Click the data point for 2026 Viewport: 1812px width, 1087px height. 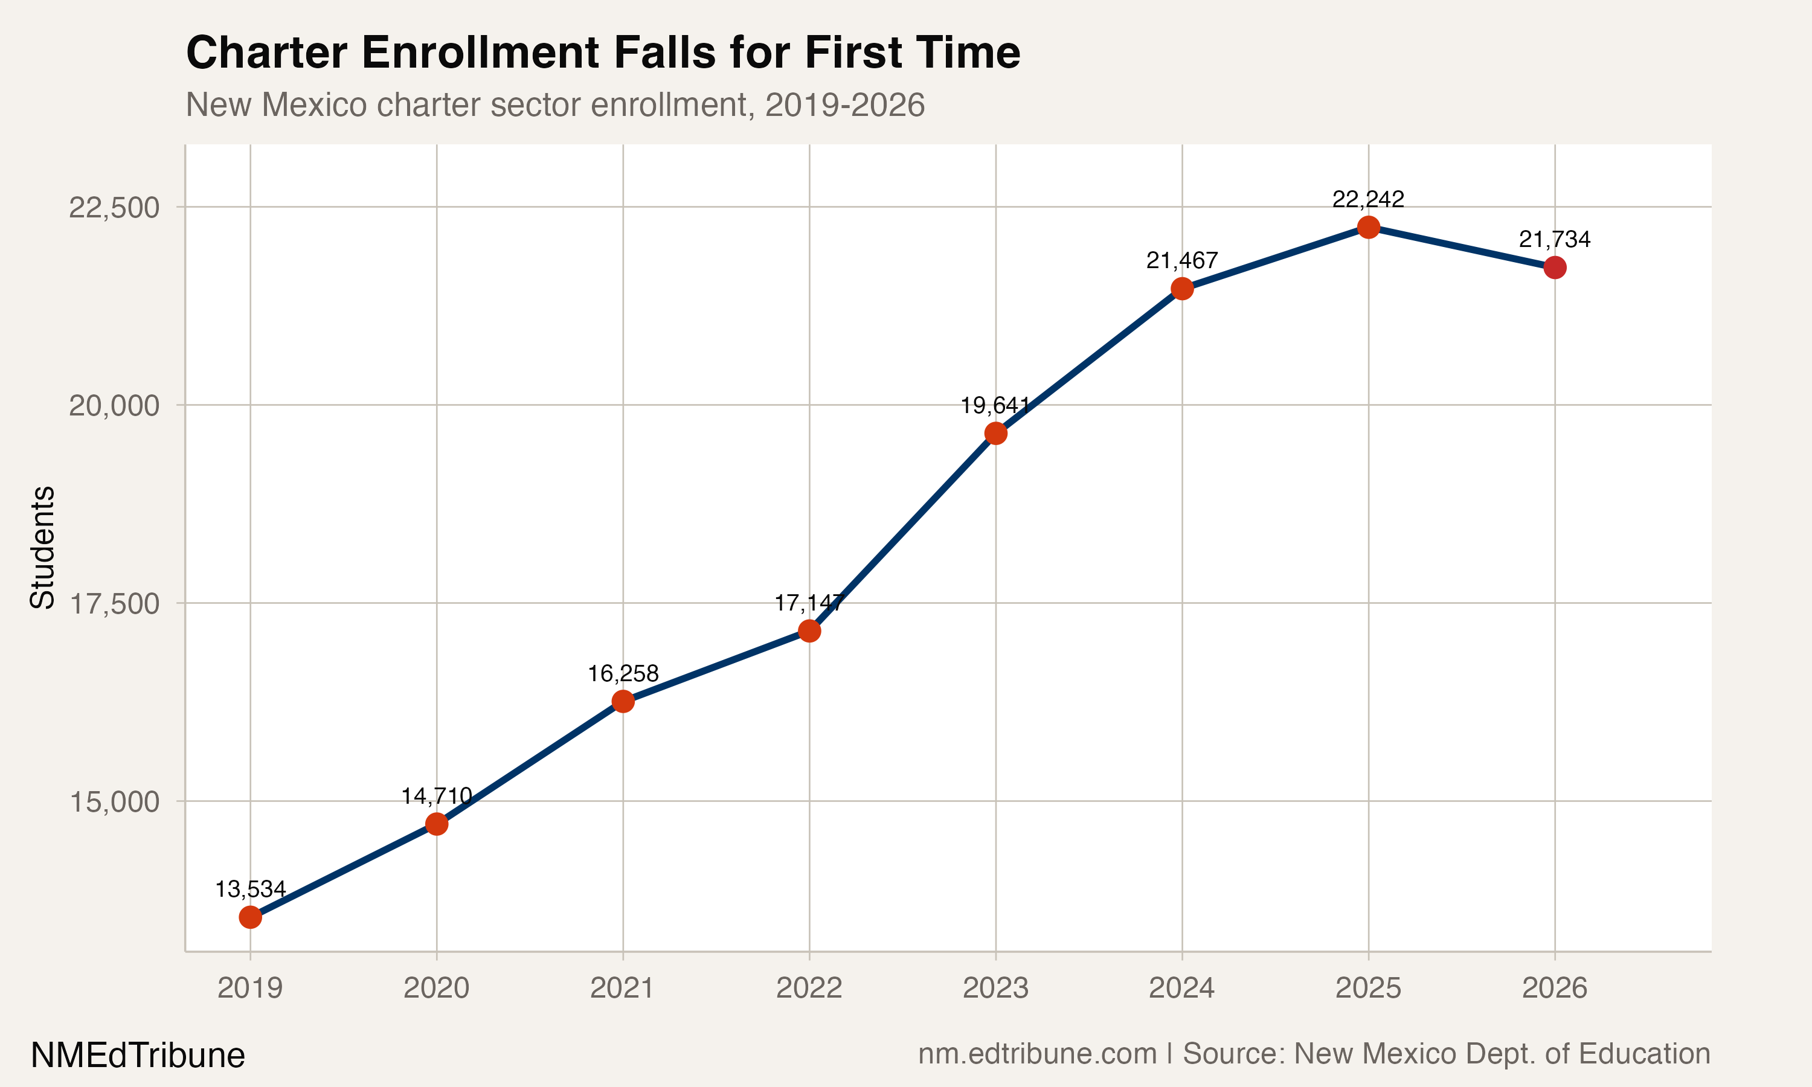click(1554, 268)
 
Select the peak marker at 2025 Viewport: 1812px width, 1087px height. click(1368, 228)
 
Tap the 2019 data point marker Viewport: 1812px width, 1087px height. click(251, 917)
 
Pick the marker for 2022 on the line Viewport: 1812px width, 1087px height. click(809, 630)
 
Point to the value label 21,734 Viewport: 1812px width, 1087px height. click(1554, 240)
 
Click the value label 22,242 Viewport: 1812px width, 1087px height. click(1368, 199)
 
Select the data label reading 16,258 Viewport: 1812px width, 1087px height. click(623, 673)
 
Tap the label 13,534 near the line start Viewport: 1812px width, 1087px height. click(251, 890)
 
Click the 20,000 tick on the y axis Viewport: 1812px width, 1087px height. click(114, 405)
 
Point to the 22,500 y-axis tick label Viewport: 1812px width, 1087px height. click(114, 207)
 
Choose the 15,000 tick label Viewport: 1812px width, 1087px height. click(114, 801)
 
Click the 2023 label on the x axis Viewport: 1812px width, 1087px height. click(995, 988)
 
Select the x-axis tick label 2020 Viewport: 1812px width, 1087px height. click(437, 988)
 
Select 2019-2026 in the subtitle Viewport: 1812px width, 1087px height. click(844, 104)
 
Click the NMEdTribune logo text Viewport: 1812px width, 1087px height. click(138, 1056)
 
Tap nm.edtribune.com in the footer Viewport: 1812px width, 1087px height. click(1037, 1053)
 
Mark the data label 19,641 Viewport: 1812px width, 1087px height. click(995, 405)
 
